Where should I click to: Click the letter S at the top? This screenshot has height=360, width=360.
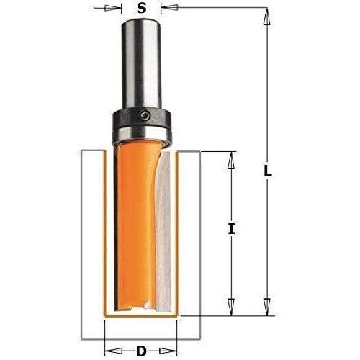142,9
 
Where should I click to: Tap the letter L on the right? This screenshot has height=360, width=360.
268,171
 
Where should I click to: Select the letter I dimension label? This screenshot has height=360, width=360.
231,228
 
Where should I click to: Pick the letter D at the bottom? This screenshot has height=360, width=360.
141,351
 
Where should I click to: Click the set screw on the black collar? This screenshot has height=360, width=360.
145,115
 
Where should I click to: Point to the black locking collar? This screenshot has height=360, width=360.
142,117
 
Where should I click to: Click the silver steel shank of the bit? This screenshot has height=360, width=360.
141,65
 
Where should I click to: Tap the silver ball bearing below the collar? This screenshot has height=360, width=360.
142,134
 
